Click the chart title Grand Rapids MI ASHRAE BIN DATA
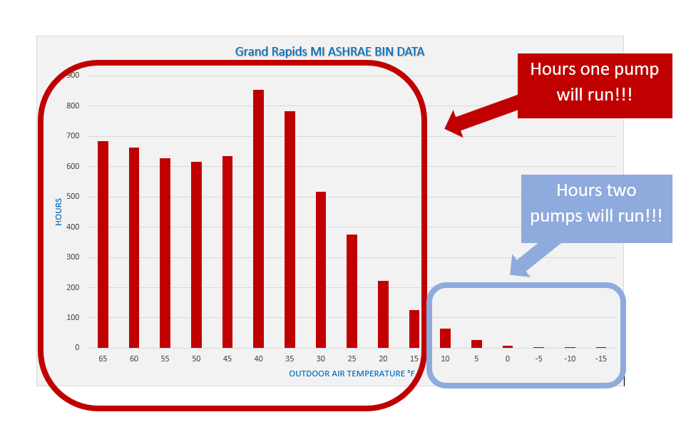coord(330,51)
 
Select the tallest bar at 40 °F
coord(259,219)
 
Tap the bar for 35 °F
coord(290,230)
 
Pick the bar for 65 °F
coord(103,245)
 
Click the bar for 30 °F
coord(321,270)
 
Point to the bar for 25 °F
coord(352,292)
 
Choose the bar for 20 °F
coord(383,314)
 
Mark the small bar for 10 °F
coord(446,338)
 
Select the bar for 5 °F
coord(476,344)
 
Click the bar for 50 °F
coord(196,255)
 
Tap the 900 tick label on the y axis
coord(73,76)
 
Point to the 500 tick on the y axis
coord(73,196)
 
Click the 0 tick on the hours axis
coord(77,348)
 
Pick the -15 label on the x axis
coord(600,359)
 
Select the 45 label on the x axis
coord(227,359)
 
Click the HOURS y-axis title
coord(58,212)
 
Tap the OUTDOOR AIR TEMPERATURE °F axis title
coord(352,374)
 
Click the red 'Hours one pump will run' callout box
coord(595,86)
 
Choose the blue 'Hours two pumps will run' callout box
coord(596,209)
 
